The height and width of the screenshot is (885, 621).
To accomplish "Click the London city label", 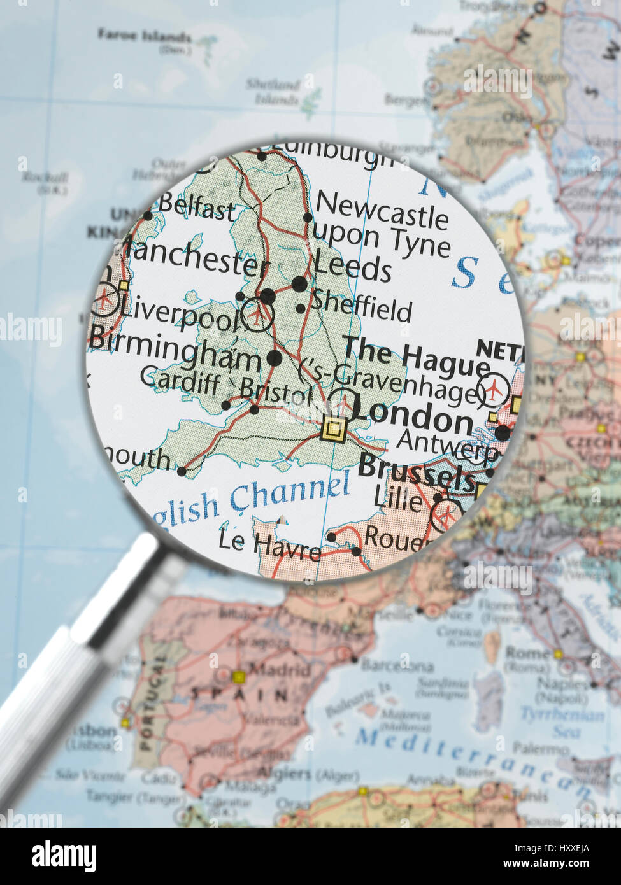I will click(413, 420).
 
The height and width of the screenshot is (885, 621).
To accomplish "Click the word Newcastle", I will click(382, 209).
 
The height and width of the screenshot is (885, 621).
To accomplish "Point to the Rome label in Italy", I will click(525, 653).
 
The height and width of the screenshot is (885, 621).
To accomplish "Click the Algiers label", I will click(284, 774).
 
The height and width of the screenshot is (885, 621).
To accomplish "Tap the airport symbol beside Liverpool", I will click(257, 314).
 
